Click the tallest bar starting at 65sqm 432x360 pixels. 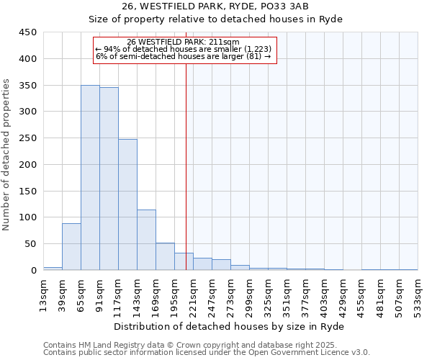tap(90, 178)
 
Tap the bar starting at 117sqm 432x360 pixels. tap(127, 204)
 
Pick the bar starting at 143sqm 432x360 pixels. tap(146, 240)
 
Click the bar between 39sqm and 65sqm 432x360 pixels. tap(71, 247)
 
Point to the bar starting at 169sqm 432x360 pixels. tap(165, 256)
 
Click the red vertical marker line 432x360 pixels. tap(186, 166)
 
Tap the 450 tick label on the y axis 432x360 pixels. tap(27, 32)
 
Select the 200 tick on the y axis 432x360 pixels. tap(27, 165)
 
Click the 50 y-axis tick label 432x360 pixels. tap(30, 244)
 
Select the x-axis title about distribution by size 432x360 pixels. tap(230, 327)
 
